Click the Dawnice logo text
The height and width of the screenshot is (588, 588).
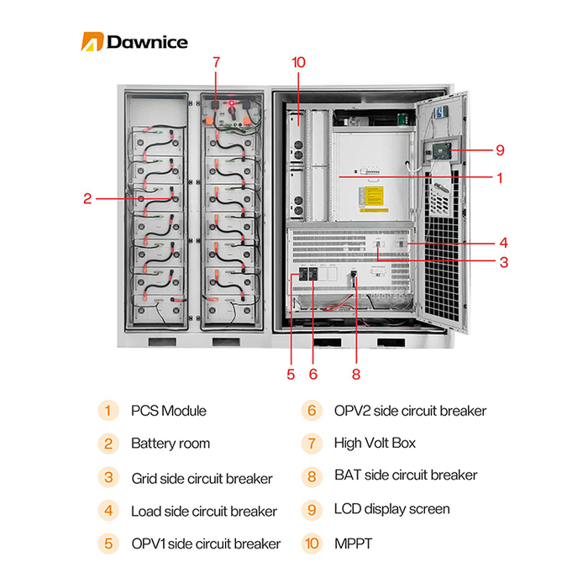[146, 42]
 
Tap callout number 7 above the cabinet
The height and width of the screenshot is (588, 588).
[216, 62]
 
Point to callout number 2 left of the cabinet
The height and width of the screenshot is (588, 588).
[87, 199]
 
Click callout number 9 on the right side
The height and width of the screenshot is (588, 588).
[500, 150]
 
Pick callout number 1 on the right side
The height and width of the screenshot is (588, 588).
[500, 178]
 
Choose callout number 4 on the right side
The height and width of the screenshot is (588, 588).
[503, 241]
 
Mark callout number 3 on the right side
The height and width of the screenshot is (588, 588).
[503, 262]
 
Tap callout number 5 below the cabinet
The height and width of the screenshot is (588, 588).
[291, 374]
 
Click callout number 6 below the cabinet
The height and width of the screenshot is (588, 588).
[313, 374]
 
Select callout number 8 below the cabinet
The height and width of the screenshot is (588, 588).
[356, 374]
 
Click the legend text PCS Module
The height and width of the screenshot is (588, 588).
[168, 411]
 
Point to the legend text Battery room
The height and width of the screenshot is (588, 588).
[171, 443]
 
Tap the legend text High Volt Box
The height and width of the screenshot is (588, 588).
[375, 443]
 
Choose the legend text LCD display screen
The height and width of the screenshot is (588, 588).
[391, 509]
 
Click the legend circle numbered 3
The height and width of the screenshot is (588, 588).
[108, 478]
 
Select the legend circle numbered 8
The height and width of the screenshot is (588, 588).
[312, 476]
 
